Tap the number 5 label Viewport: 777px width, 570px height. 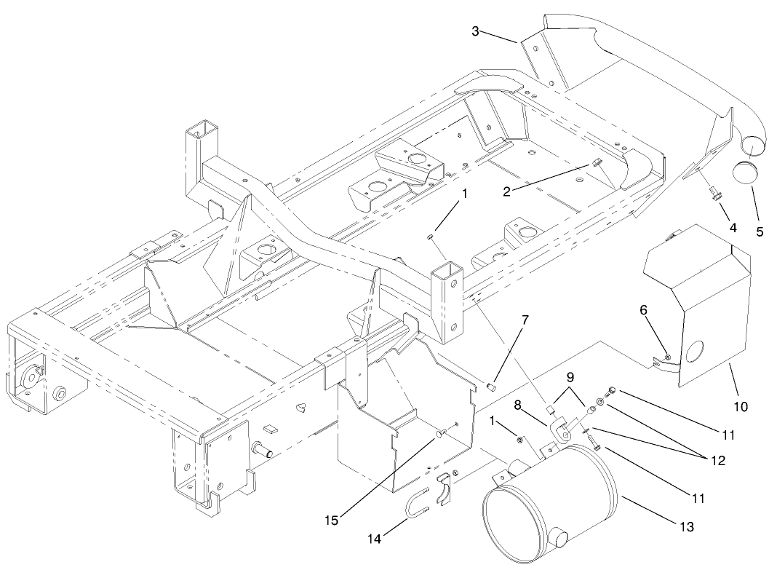coord(760,233)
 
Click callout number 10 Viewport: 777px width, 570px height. coord(740,405)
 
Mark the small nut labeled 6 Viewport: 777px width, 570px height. coord(666,356)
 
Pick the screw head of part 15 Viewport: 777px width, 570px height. coord(440,435)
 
